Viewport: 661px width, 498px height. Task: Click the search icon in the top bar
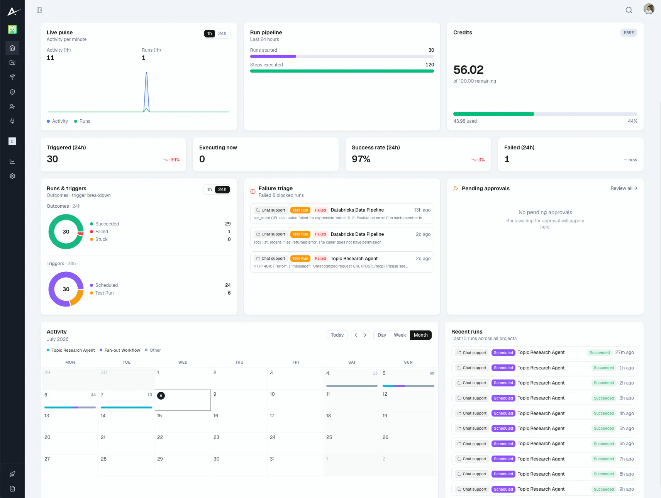coord(629,10)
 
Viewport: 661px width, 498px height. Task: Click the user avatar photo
coord(649,9)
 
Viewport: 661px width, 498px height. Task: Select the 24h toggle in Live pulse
coord(222,34)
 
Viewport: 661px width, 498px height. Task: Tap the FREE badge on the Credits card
coord(629,33)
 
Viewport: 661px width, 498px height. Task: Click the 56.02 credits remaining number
coord(468,70)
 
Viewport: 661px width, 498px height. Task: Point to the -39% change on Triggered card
coord(171,160)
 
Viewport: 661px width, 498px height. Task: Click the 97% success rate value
coord(361,159)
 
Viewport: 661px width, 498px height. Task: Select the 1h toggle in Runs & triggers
coord(210,190)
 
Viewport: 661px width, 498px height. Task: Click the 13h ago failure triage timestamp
coord(422,210)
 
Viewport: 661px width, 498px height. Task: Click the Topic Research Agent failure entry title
coord(354,259)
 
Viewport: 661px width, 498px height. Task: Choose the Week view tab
coord(400,335)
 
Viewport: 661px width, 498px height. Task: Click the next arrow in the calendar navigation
coord(365,335)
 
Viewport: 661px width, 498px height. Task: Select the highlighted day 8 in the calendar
coord(161,396)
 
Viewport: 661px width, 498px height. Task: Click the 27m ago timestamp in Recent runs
coord(624,352)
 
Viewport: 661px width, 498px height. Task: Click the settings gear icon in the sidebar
coord(12,176)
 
